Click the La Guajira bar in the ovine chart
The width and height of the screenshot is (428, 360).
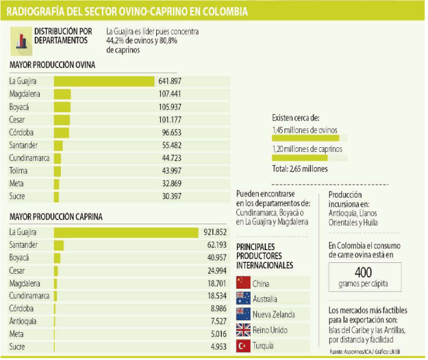coord(104,81)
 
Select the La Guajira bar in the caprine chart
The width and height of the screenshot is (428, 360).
coord(126,232)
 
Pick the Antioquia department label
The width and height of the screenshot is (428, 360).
coord(24,321)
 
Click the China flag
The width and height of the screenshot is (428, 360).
coord(244,283)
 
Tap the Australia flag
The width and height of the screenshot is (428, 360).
coord(244,298)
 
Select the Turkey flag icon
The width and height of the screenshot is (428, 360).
coord(244,346)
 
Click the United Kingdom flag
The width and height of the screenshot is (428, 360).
coord(244,330)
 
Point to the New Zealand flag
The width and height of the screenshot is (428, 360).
coord(244,314)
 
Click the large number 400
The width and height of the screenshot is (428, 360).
coord(363,272)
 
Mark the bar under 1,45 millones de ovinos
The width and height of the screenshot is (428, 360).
coord(306,138)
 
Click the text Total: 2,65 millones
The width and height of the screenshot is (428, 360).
coord(300,169)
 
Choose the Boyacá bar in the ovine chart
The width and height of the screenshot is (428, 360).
coord(62,107)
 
